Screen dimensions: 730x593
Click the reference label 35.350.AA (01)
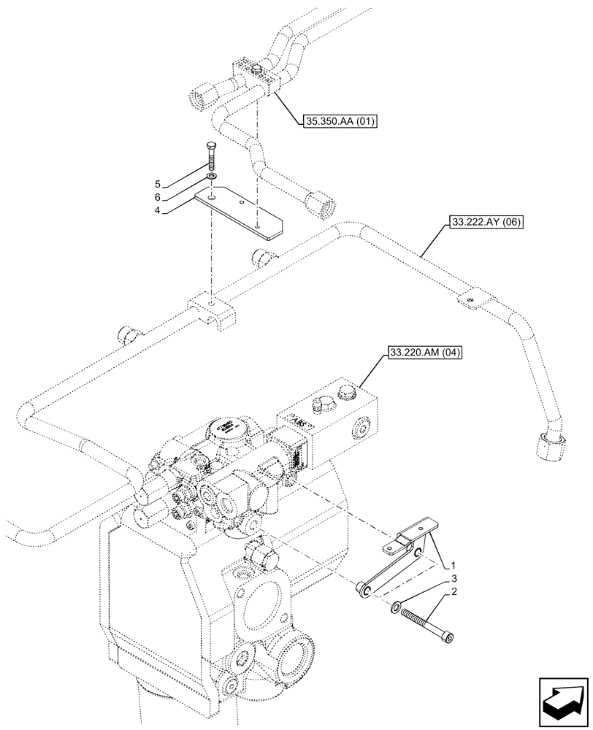click(x=337, y=122)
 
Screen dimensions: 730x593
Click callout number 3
click(x=454, y=580)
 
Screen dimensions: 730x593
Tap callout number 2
click(x=454, y=594)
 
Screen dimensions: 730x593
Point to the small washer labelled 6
click(x=210, y=177)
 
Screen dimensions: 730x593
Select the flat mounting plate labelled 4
click(x=241, y=213)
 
